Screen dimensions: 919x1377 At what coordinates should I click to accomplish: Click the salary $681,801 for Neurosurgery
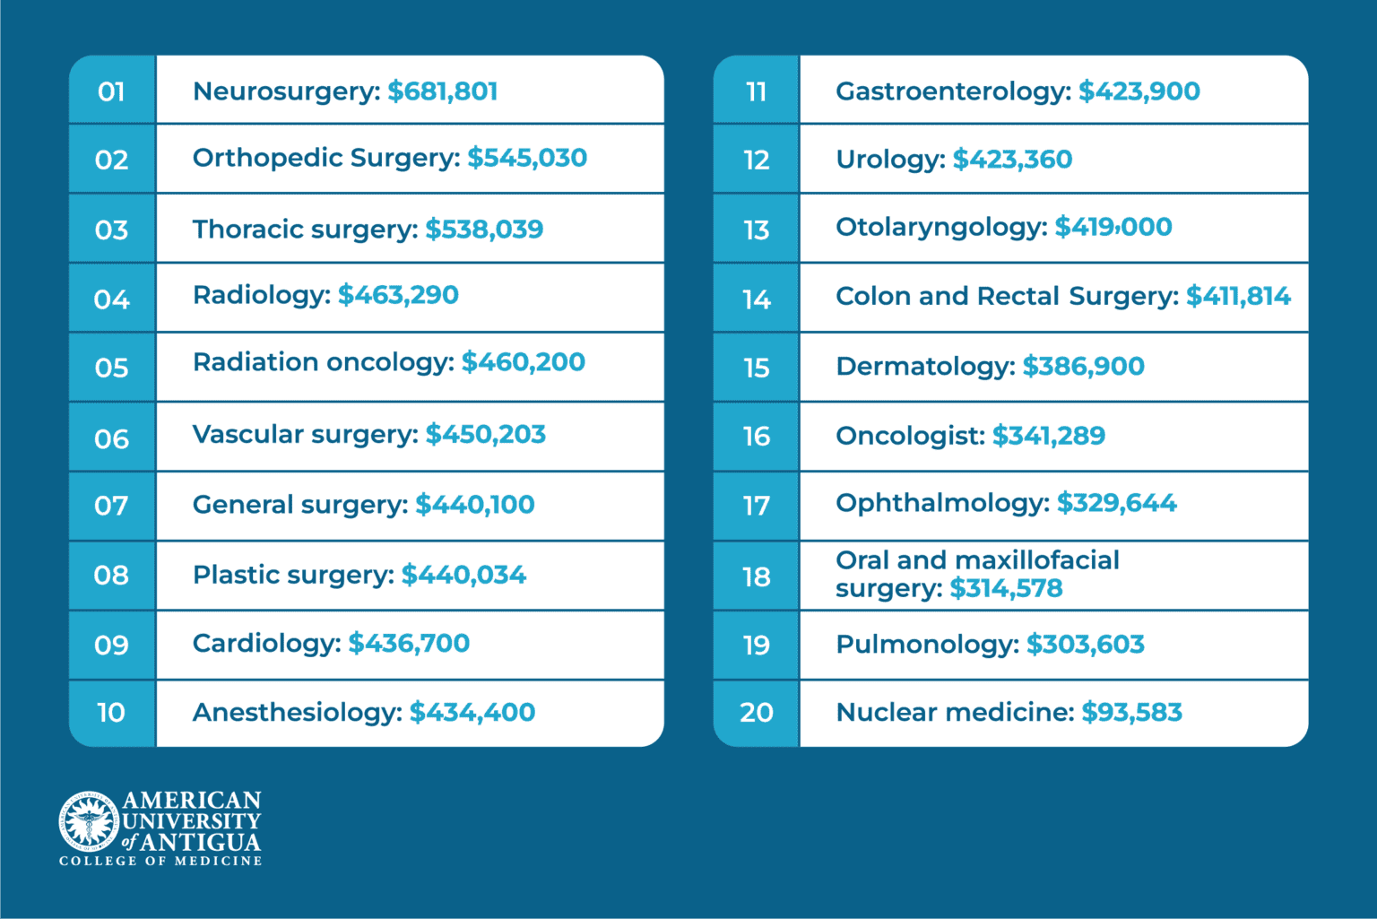point(443,91)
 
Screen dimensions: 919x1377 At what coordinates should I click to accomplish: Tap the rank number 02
point(112,160)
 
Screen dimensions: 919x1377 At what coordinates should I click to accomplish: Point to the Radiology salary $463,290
point(398,295)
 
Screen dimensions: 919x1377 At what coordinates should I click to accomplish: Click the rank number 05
point(112,368)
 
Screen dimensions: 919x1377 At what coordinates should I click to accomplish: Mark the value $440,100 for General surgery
point(475,505)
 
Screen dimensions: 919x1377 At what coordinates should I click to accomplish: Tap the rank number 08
point(112,575)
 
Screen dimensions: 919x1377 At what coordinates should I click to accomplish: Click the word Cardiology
point(266,644)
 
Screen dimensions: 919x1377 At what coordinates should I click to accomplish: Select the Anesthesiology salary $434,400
point(472,713)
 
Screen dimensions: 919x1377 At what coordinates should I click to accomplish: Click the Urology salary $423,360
point(1012,160)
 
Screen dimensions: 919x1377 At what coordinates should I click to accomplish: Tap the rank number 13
point(757,230)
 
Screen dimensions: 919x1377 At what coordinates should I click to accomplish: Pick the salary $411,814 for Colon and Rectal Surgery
point(1238,297)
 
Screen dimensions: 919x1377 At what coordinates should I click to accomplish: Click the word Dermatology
point(925,367)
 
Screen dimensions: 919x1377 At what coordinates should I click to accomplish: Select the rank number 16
point(757,437)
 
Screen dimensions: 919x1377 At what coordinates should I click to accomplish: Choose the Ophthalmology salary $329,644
point(1116,503)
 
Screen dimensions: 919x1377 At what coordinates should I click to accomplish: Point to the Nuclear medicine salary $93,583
point(1131,713)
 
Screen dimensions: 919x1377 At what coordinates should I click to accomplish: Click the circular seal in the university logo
point(89,821)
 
